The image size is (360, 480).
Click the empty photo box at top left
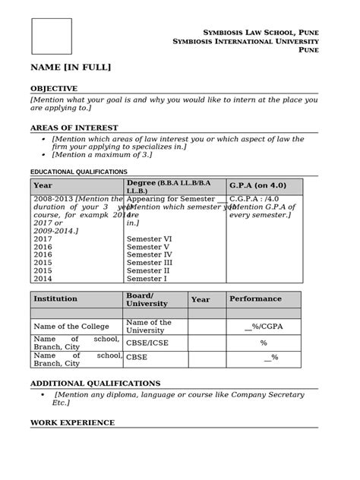tap(51, 36)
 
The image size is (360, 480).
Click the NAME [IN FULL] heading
tap(71, 68)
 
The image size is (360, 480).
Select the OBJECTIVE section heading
tap(54, 89)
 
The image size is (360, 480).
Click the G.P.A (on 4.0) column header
tap(257, 186)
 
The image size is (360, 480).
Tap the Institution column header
tap(55, 299)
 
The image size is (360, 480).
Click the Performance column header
tap(255, 299)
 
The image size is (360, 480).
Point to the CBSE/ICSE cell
tap(147, 343)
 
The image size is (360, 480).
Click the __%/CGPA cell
tap(263, 327)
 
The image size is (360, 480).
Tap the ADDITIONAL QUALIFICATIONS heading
tap(95, 384)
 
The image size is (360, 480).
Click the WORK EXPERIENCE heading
tap(72, 422)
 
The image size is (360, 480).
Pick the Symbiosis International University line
tap(245, 40)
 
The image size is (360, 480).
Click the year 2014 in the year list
tap(43, 279)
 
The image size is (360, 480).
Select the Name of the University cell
tap(149, 327)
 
